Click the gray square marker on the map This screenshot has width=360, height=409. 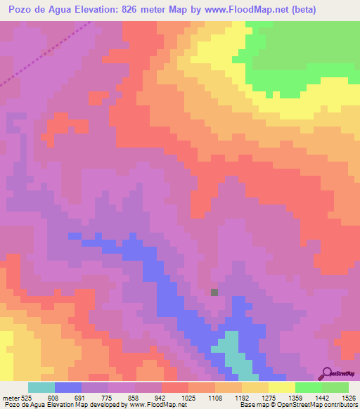214,292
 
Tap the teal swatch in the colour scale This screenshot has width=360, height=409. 41,387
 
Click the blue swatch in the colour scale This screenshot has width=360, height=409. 68,387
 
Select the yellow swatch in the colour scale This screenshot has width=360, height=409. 282,387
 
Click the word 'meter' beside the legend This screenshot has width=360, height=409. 10,397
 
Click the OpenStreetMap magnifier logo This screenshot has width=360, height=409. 327,373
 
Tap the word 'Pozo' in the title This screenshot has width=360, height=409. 22,10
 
